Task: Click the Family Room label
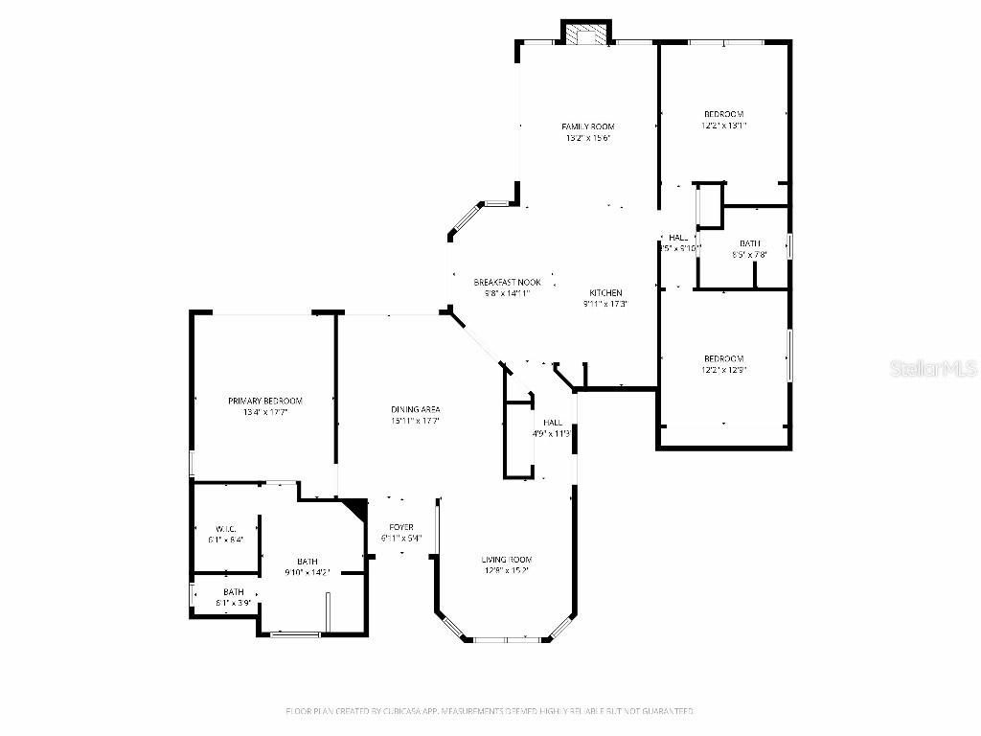[x=587, y=126]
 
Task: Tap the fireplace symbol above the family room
[x=585, y=34]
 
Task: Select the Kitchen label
[x=605, y=293]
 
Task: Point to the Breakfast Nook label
[x=507, y=283]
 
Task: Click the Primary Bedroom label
[x=264, y=401]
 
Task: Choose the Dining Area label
[x=415, y=409]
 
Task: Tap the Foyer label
[x=400, y=527]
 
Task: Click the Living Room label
[x=506, y=560]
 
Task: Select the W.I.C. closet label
[x=226, y=529]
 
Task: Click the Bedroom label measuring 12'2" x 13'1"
[x=723, y=114]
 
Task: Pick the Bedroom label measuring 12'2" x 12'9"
[x=723, y=358]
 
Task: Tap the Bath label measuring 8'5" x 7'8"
[x=749, y=243]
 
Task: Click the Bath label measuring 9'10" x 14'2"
[x=308, y=562]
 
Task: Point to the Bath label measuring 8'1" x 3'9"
[x=233, y=592]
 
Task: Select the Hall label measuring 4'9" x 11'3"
[x=553, y=423]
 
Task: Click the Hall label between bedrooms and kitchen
[x=678, y=238]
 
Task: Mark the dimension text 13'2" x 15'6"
[x=587, y=138]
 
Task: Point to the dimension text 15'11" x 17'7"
[x=415, y=421]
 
